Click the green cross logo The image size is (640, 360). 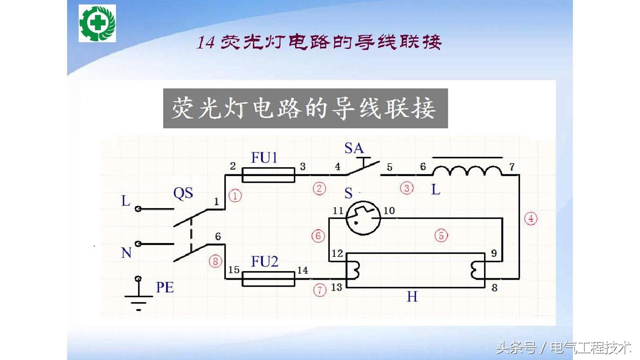tap(97, 23)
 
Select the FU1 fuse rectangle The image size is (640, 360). tap(268, 175)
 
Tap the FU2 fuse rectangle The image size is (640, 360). tap(268, 279)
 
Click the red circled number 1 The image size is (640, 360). tap(235, 196)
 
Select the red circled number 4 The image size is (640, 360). tap(531, 219)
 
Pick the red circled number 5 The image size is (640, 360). tap(441, 235)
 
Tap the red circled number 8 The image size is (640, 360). tap(216, 262)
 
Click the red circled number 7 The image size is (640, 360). tap(319, 290)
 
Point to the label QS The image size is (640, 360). tap(183, 194)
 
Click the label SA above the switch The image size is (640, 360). tap(354, 148)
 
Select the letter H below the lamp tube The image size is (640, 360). tap(412, 296)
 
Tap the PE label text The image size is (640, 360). tap(164, 288)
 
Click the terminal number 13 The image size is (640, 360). tap(336, 288)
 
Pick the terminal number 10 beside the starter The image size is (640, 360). tap(389, 210)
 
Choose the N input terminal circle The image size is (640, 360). tap(138, 244)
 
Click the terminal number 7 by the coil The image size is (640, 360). tap(512, 167)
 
